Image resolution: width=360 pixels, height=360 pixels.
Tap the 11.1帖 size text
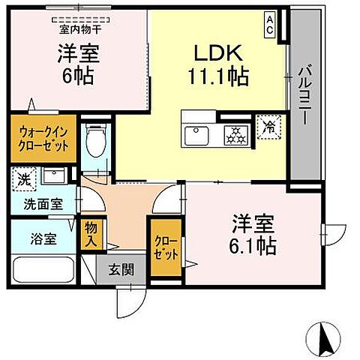217,75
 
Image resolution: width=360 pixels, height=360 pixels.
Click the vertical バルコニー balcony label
305,89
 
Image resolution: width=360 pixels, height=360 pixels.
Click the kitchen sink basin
198,135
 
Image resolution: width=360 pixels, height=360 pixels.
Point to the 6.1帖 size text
252,245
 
